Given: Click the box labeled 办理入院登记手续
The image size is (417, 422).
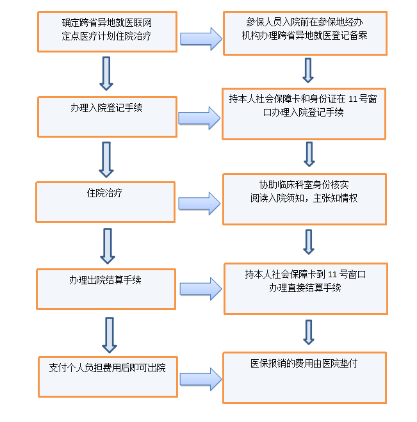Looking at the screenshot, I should (x=107, y=117).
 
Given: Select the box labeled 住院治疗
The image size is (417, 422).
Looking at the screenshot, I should (x=106, y=202).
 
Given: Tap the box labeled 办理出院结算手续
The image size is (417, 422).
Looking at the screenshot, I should (x=106, y=288).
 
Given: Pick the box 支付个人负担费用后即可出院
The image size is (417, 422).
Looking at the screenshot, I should (x=107, y=375).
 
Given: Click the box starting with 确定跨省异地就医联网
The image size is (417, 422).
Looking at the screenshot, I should (x=107, y=31).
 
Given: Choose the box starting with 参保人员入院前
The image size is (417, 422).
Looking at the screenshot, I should (x=304, y=32).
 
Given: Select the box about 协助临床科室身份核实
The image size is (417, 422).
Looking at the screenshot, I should (x=304, y=199).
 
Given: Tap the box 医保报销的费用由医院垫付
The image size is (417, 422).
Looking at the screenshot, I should (x=304, y=377).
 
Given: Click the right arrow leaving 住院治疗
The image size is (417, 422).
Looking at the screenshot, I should (x=199, y=203).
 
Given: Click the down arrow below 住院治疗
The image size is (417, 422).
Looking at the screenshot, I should (x=108, y=246).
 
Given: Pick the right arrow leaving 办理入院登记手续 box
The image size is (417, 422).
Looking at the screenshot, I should (x=199, y=118).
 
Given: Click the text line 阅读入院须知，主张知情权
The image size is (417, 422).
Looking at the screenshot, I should (x=304, y=199).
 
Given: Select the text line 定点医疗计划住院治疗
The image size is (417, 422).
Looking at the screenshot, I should (x=107, y=38).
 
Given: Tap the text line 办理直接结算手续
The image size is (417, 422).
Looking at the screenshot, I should (x=305, y=288).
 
